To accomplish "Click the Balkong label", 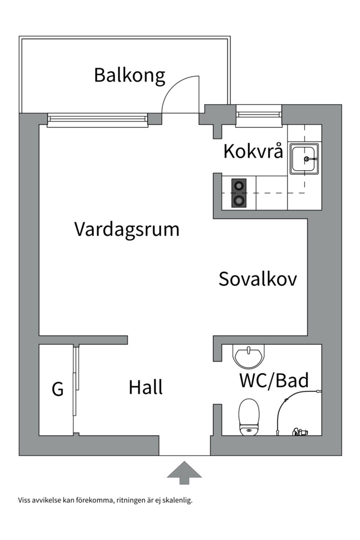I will point(129,75).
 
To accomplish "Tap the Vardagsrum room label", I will point(126,229).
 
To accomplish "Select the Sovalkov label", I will point(257,279).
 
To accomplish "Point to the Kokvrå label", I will point(253,151).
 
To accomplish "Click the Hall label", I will point(145,387).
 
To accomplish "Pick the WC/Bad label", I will point(273,381).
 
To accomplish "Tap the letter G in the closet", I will point(58,389).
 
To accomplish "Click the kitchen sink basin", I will point(303,159).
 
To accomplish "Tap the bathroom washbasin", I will point(248,357).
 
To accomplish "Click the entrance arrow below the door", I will point(184,472).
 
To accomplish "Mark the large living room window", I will point(98,118).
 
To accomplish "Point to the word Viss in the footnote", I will point(24,500).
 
